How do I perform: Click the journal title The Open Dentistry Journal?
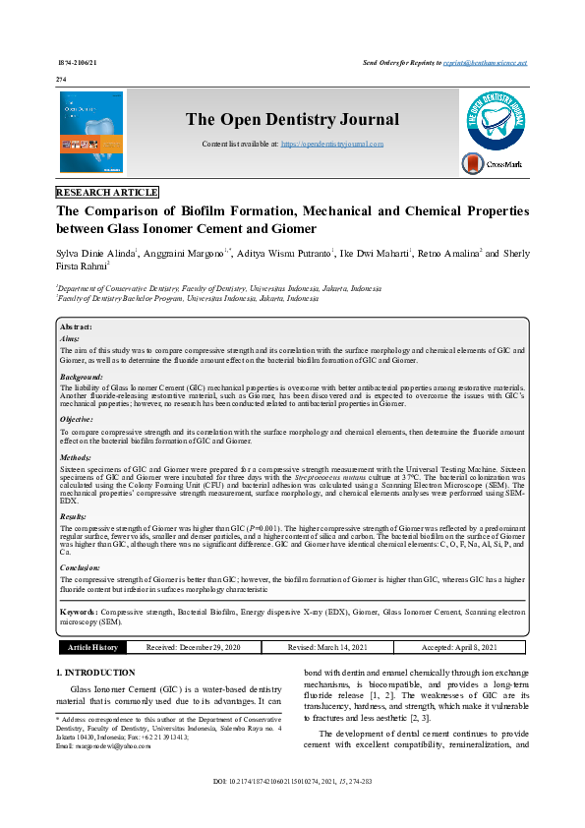point(293,120)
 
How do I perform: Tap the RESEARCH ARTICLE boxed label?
point(107,193)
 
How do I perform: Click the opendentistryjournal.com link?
point(332,144)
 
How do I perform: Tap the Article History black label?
point(92,647)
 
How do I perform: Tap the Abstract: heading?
point(76,326)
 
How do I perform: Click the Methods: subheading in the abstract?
point(76,457)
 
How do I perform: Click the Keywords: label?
point(79,612)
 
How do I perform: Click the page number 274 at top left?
point(61,78)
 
